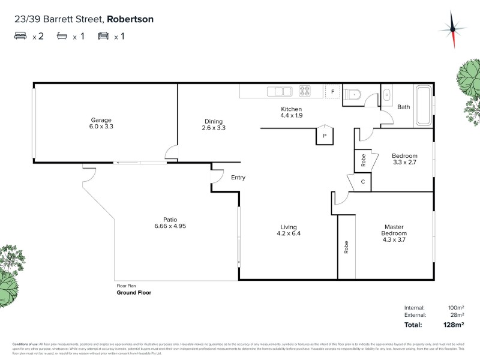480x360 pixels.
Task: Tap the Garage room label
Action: click(101, 120)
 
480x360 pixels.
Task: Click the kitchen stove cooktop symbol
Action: click(305, 92)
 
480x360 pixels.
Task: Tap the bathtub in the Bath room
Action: click(422, 106)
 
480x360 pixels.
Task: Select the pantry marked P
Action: click(325, 136)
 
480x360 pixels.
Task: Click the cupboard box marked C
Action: click(363, 181)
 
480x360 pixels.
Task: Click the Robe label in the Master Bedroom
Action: click(346, 247)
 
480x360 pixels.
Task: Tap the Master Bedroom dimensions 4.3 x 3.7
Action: click(395, 239)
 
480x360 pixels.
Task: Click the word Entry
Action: click(238, 178)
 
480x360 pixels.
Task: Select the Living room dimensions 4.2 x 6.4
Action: click(288, 233)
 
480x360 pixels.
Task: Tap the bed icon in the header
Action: click(21, 36)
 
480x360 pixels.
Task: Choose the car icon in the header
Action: click(104, 36)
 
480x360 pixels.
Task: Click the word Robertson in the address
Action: click(130, 19)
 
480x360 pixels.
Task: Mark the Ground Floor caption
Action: click(134, 293)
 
